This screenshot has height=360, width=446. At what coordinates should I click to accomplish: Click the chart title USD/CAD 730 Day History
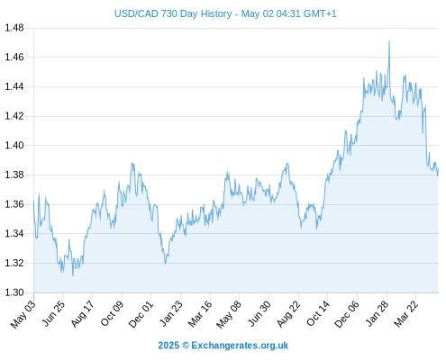pyautogui.click(x=173, y=13)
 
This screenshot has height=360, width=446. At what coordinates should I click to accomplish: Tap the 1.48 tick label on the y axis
pyautogui.click(x=14, y=28)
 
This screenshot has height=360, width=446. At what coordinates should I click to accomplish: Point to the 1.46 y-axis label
pyautogui.click(x=14, y=57)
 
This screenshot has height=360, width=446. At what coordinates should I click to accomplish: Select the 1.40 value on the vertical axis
pyautogui.click(x=14, y=146)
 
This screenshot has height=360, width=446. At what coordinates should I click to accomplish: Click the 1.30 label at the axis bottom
pyautogui.click(x=14, y=292)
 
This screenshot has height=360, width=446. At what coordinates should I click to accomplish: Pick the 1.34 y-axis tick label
pyautogui.click(x=14, y=233)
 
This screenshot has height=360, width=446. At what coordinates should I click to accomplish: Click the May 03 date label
pyautogui.click(x=23, y=314)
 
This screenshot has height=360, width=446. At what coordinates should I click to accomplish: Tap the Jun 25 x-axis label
pyautogui.click(x=52, y=313)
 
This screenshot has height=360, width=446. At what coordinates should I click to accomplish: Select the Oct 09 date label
pyautogui.click(x=112, y=313)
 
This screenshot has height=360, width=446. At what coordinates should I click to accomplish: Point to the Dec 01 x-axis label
pyautogui.click(x=141, y=314)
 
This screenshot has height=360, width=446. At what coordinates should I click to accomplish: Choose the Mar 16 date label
pyautogui.click(x=200, y=314)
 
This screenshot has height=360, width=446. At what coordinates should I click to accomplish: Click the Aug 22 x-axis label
pyautogui.click(x=288, y=314)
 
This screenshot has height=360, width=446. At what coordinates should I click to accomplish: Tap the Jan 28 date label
pyautogui.click(x=377, y=314)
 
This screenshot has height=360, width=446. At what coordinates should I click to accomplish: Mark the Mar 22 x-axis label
pyautogui.click(x=405, y=314)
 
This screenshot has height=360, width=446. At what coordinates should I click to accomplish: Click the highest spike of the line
pyautogui.click(x=389, y=40)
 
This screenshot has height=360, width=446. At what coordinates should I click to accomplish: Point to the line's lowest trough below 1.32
pyautogui.click(x=73, y=275)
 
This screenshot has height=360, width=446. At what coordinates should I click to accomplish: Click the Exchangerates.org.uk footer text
pyautogui.click(x=240, y=346)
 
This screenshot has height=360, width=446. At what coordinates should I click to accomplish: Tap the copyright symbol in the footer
pyautogui.click(x=186, y=346)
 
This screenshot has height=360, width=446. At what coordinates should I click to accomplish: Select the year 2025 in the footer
pyautogui.click(x=168, y=346)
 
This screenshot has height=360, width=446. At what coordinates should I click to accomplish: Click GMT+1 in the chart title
pyautogui.click(x=320, y=13)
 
